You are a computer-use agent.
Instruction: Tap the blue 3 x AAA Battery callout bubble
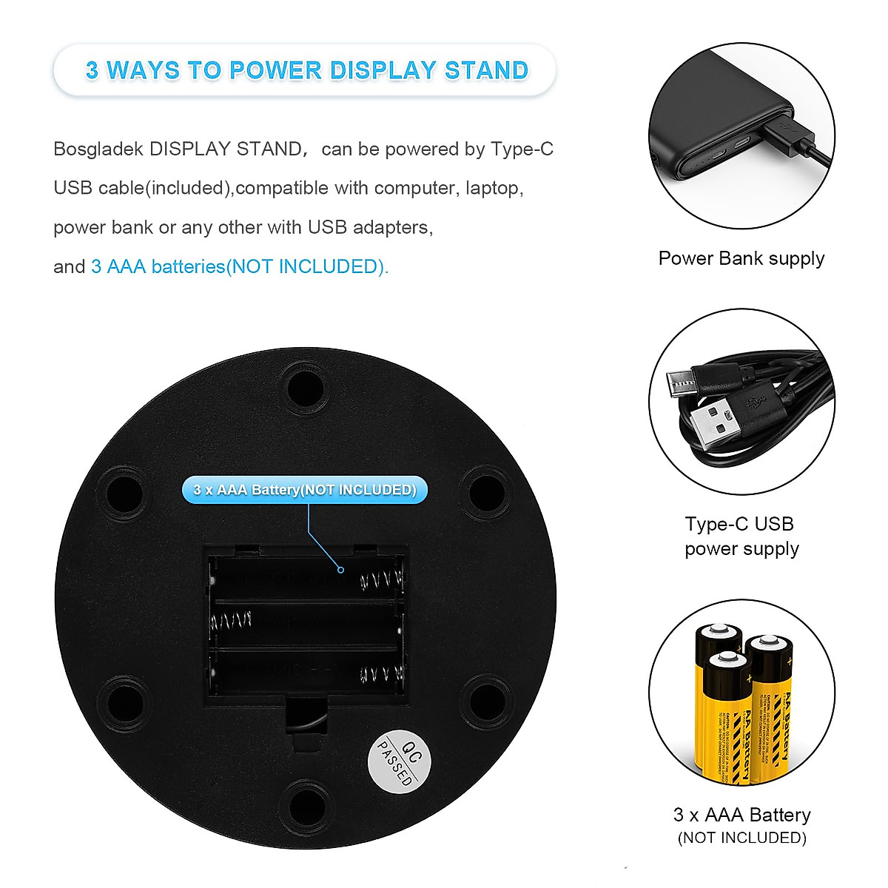click(x=305, y=490)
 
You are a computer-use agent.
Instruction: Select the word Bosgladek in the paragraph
click(x=98, y=149)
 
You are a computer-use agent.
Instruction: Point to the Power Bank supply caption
click(x=741, y=258)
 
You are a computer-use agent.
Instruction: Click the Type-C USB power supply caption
click(x=741, y=536)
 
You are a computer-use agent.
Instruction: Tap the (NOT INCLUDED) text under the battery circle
click(x=741, y=838)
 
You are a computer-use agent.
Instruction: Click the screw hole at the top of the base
click(x=305, y=387)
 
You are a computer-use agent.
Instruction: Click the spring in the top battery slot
click(x=381, y=581)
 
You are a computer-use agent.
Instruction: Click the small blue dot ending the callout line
click(x=340, y=570)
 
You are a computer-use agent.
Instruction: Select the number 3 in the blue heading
click(x=92, y=70)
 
